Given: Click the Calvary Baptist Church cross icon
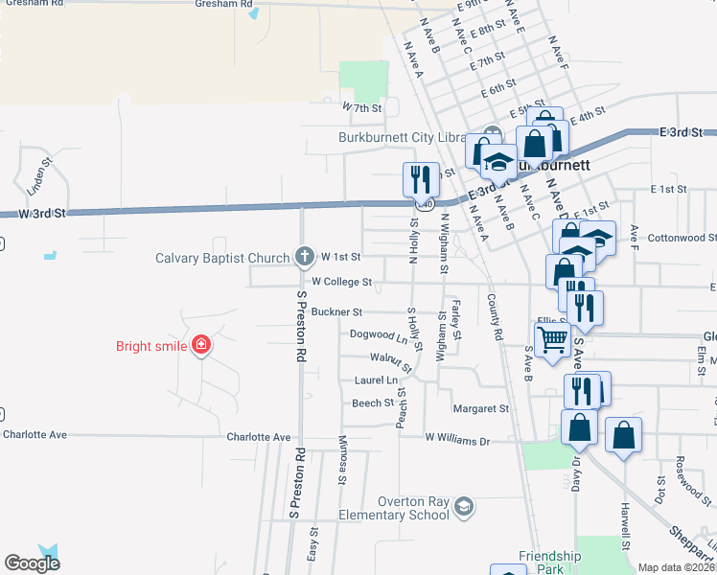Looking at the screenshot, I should click(304, 256).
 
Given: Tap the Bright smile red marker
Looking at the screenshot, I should click(200, 345).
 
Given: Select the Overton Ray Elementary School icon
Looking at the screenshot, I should click(464, 505).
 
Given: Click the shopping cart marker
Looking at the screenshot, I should click(552, 338).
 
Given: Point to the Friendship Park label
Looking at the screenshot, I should click(550, 557).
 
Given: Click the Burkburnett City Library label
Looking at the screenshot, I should click(402, 137).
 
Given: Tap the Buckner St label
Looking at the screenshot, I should click(336, 312).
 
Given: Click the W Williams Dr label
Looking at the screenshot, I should click(457, 442).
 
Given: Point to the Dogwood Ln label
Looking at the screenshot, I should click(380, 335).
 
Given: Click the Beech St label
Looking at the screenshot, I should click(373, 403).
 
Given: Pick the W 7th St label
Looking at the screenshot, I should click(361, 109).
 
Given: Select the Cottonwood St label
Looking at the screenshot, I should click(682, 238).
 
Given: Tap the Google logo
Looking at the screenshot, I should click(33, 563).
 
